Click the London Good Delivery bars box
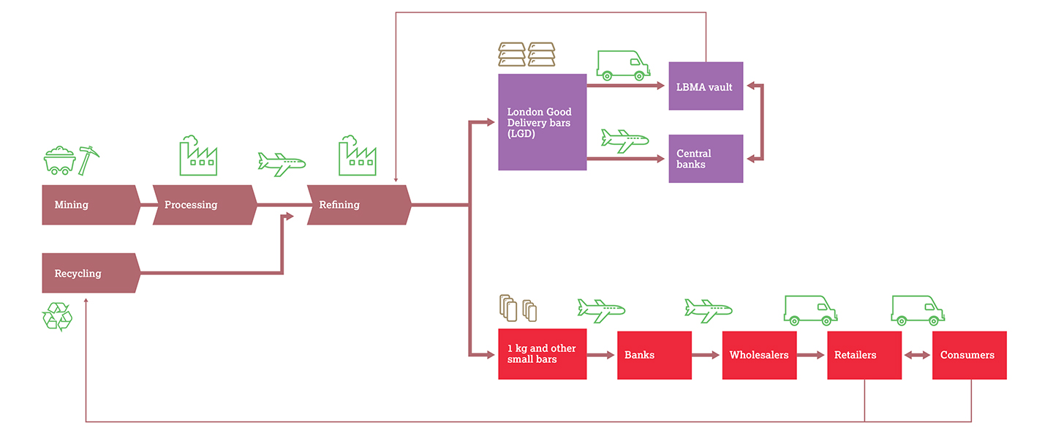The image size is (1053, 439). pos(542,122)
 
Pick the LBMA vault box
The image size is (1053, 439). pos(706,86)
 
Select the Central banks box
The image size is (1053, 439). pos(706,159)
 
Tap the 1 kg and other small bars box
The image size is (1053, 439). pos(542,355)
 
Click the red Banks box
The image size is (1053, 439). pos(654,355)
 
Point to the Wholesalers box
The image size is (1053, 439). pos(759,355)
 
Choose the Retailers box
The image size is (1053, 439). pos(864,355)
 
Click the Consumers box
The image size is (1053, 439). pos(969,355)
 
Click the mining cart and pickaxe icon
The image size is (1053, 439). pos(71,160)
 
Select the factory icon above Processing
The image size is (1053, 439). pos(198,155)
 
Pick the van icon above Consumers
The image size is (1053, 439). pos(917,310)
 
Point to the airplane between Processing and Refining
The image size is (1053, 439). pos(282,163)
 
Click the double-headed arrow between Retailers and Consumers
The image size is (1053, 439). pos(917,356)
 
